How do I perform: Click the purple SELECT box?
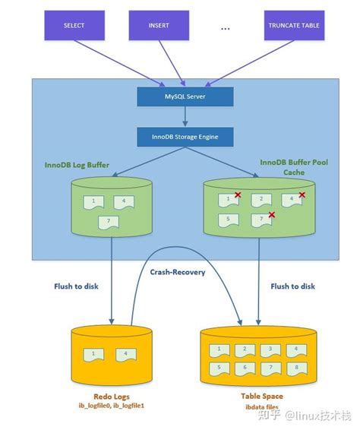click(x=74, y=25)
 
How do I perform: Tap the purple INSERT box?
click(x=159, y=25)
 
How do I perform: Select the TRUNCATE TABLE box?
click(x=294, y=25)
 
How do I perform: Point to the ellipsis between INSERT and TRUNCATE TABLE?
click(x=225, y=28)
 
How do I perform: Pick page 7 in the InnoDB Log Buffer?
click(x=109, y=222)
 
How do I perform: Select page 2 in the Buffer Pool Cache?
click(x=261, y=200)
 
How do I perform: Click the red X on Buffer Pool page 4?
click(x=302, y=195)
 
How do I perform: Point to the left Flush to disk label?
click(x=77, y=286)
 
